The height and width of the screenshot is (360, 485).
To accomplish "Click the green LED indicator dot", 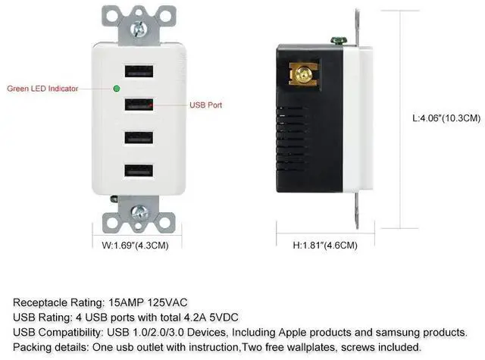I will point(116,89).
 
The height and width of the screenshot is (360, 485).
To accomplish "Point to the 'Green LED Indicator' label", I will point(42,89).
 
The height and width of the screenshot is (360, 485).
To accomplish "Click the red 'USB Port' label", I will point(205,105).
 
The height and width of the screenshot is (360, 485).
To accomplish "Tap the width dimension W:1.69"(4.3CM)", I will point(135,245).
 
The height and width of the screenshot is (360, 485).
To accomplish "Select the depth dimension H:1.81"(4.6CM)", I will point(325,245).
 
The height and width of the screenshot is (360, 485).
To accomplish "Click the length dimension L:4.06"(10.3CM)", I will point(446,118).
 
